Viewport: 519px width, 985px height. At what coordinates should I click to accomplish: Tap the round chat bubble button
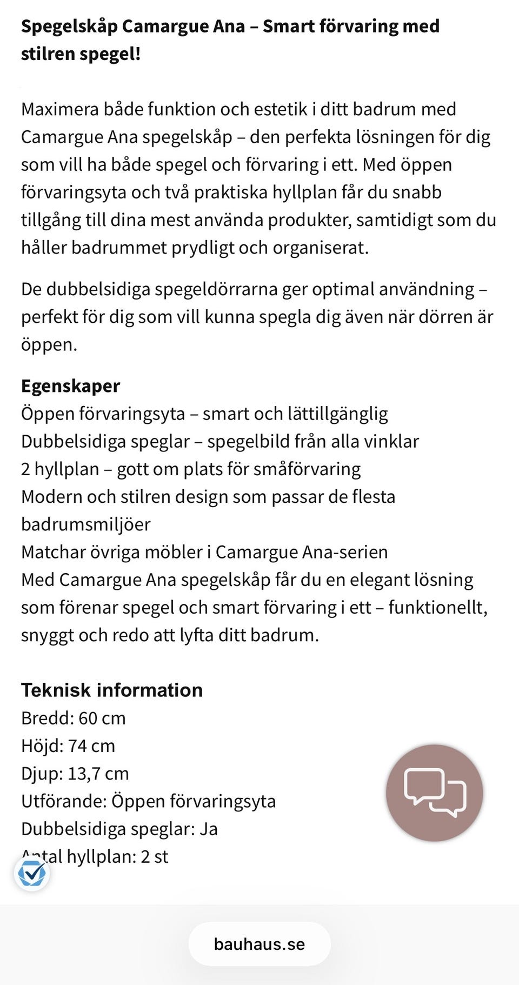coord(434,793)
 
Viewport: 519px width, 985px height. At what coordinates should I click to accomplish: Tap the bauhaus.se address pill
coord(259,944)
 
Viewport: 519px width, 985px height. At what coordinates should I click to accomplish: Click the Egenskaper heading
coord(70,386)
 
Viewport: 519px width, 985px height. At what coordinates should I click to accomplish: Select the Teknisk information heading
coord(112,690)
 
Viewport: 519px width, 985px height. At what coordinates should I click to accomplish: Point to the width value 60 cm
coord(102,718)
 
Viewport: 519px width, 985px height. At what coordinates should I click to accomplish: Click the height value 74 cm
coord(92,746)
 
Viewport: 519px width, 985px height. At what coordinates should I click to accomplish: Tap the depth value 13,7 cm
coord(98,774)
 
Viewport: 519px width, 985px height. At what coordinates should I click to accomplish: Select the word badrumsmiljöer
coord(86,524)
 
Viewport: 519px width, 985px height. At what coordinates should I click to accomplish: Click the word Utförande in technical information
coord(63,801)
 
